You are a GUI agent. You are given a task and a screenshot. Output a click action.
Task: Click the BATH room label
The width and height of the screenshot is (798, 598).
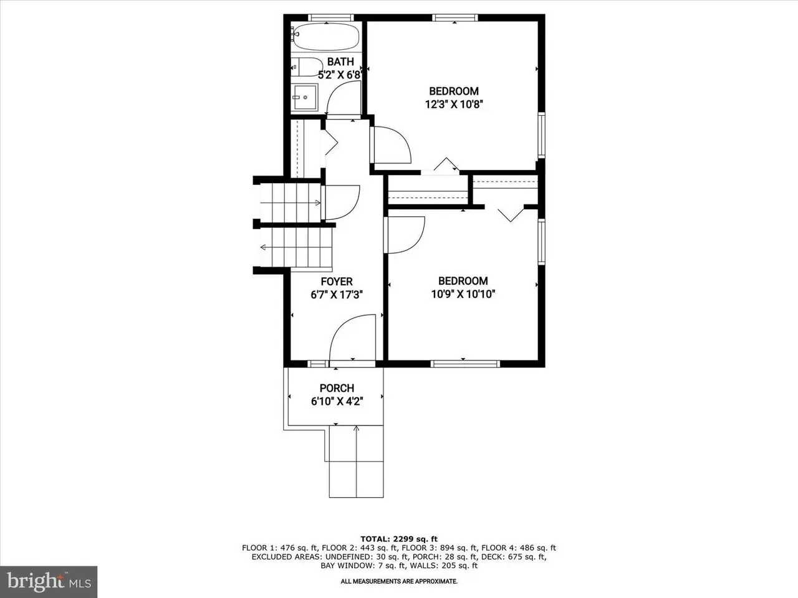(340, 62)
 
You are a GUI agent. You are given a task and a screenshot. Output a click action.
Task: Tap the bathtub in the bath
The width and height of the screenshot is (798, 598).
(326, 37)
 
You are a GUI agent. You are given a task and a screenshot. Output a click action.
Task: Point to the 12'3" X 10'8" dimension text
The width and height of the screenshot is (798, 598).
(454, 105)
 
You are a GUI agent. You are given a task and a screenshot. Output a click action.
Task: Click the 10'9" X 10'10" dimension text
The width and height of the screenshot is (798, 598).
(463, 294)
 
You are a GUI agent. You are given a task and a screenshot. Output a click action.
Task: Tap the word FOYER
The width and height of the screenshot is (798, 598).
(337, 282)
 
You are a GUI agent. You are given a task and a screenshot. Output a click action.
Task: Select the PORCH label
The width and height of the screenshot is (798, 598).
(337, 388)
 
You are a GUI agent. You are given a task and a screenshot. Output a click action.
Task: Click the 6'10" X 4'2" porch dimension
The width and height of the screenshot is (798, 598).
(337, 402)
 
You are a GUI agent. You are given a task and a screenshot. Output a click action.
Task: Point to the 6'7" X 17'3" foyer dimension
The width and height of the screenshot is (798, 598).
(337, 295)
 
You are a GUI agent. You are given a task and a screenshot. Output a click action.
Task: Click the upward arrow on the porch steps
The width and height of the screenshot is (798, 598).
(356, 461)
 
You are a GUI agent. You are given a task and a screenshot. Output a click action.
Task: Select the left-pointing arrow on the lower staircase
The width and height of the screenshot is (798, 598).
(296, 248)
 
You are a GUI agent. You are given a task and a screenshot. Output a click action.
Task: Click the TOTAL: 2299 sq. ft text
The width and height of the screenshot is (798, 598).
(399, 539)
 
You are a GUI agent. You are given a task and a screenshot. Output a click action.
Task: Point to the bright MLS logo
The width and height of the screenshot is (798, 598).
(49, 582)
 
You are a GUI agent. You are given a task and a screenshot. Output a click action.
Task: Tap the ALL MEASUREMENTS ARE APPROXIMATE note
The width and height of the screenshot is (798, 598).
(399, 581)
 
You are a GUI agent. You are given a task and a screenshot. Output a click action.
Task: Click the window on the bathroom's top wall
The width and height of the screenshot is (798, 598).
(331, 17)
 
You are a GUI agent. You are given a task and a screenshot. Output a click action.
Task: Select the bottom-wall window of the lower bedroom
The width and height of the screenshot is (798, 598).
(465, 363)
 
